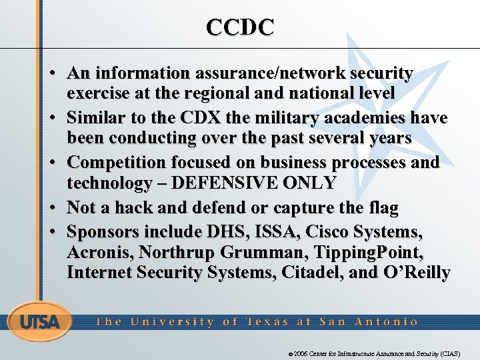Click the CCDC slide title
240,27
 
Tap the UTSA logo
39,322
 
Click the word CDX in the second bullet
198,118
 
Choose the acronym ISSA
271,232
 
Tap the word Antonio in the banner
387,322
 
